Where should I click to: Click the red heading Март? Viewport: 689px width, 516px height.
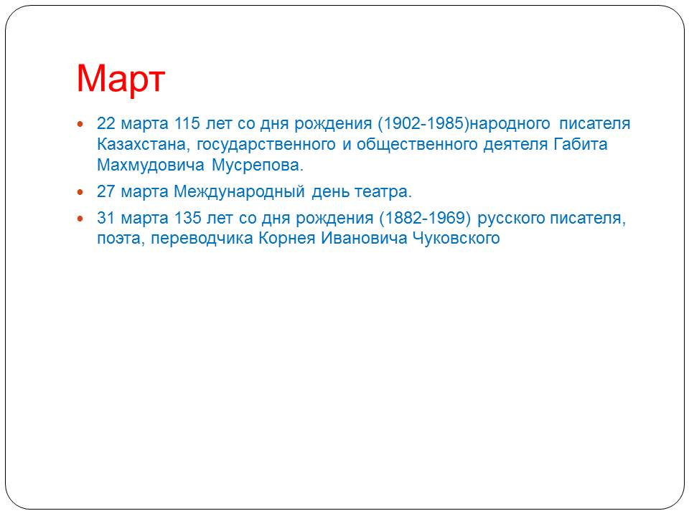click(x=121, y=79)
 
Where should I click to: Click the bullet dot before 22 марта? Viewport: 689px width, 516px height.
click(x=80, y=125)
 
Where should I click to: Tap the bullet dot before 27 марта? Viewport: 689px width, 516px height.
click(x=80, y=192)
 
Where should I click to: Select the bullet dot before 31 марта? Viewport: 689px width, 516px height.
click(x=80, y=218)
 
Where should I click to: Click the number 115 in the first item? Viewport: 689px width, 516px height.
click(x=187, y=123)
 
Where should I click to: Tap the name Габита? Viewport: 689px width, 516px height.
click(x=580, y=144)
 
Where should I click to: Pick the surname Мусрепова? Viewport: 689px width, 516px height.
click(x=258, y=166)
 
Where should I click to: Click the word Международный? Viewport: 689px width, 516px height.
click(x=239, y=192)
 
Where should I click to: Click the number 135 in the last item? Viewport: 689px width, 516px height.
click(x=187, y=218)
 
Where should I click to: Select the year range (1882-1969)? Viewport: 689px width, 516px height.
click(x=425, y=218)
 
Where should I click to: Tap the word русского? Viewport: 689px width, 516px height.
click(x=511, y=219)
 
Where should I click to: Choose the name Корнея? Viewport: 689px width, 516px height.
click(x=287, y=239)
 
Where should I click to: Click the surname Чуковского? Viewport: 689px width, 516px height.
click(x=456, y=239)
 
